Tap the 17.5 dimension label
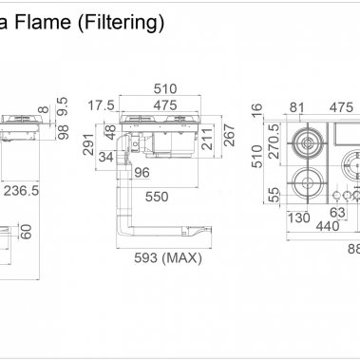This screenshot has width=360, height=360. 103,105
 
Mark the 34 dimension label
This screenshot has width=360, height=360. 105,157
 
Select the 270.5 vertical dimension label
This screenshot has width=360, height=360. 273,142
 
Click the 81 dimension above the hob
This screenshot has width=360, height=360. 297,106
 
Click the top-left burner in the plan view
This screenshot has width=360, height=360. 308,144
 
